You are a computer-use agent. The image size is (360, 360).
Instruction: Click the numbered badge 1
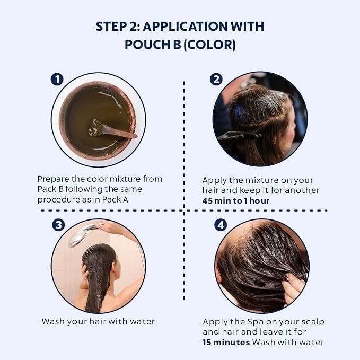pos(57,79)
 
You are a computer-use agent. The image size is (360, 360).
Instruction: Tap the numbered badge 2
pos(216,79)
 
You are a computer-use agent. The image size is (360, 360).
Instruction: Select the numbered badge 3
pos(58,225)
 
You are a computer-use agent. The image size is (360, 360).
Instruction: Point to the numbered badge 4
pos(221,225)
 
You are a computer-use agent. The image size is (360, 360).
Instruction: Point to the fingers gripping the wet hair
pos(294,287)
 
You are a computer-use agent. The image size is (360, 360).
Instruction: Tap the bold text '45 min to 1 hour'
pos(236,201)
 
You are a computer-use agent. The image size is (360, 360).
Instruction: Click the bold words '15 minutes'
pos(226,343)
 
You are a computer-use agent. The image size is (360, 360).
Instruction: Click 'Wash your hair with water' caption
pos(98,321)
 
